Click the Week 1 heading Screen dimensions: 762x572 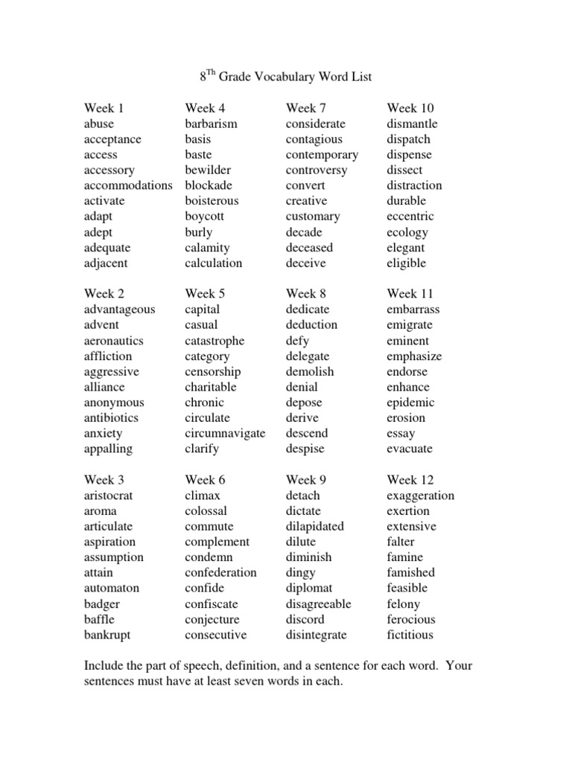104,108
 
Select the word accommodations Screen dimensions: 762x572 128,185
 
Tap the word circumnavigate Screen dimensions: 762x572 225,433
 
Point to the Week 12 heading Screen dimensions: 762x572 410,480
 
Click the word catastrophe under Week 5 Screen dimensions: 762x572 214,341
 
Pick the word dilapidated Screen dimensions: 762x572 315,526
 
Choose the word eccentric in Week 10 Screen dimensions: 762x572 410,217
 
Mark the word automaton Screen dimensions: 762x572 112,588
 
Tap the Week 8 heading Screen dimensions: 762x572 306,294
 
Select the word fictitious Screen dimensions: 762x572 410,635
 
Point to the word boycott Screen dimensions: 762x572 205,217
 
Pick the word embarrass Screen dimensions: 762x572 413,310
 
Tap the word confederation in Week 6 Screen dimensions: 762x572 220,572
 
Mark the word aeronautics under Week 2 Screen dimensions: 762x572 114,341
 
